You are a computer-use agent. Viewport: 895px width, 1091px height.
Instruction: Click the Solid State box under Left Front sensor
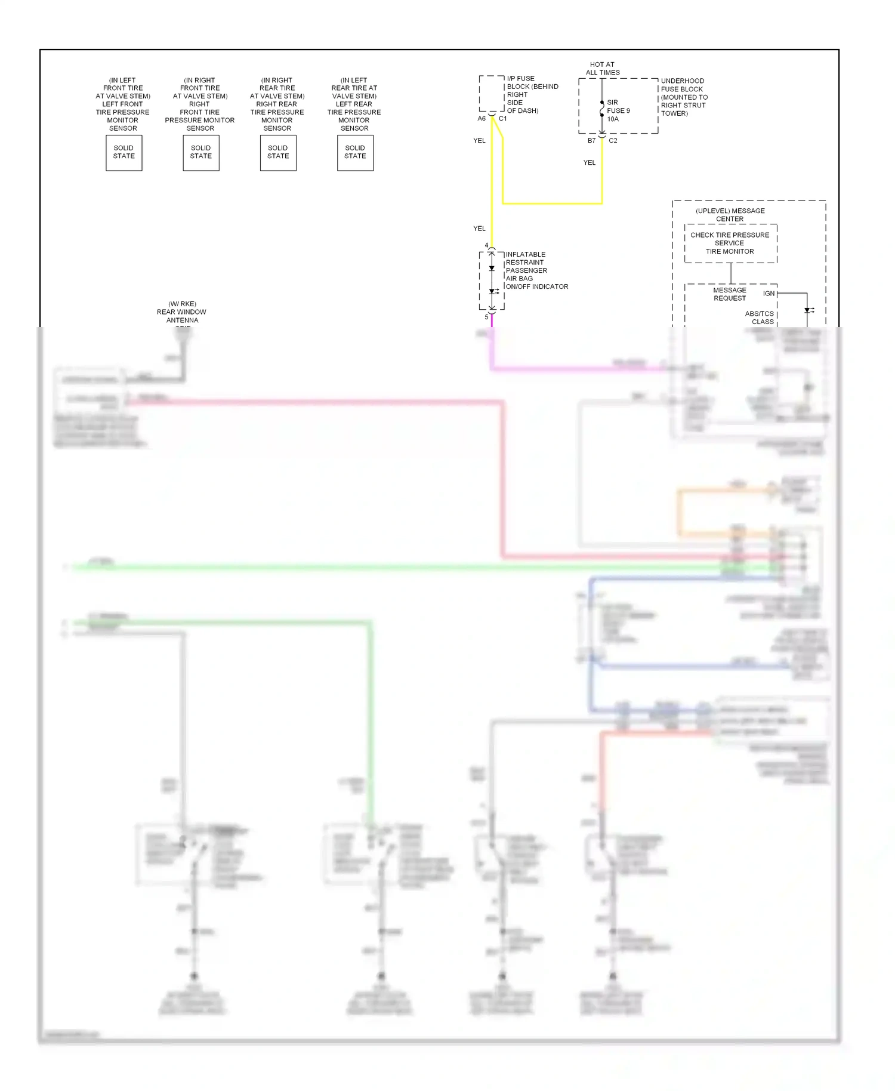click(124, 153)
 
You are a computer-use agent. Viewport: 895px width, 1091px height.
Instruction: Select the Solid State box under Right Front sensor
click(200, 153)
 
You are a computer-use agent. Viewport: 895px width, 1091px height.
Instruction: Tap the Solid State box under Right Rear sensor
click(278, 153)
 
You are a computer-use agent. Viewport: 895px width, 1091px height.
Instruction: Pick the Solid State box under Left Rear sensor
click(355, 153)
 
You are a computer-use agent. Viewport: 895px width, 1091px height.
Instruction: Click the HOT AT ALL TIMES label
click(602, 69)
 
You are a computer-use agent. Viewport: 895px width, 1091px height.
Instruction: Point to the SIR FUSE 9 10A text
click(618, 111)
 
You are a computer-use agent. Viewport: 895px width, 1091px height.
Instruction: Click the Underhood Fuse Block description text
click(684, 97)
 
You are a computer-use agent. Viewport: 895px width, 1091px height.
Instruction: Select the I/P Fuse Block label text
click(532, 95)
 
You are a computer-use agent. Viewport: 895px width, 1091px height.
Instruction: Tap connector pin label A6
click(482, 119)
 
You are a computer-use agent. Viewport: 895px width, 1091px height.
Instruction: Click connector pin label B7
click(591, 141)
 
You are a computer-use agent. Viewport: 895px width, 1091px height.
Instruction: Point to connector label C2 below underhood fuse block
click(613, 141)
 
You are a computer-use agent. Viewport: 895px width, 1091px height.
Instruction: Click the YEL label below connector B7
click(589, 163)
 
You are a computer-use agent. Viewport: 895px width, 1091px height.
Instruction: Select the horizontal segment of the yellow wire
click(552, 204)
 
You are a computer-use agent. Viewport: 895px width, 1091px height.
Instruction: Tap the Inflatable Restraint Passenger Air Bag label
click(536, 271)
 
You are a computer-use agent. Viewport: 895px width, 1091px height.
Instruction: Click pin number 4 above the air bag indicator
click(486, 245)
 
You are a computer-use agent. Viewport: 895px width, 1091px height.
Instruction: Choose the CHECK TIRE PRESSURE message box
click(730, 244)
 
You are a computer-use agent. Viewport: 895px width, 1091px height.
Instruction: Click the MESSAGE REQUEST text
click(729, 294)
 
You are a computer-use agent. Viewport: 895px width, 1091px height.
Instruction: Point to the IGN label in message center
click(769, 294)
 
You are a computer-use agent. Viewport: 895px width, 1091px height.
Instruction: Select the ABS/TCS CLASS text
click(760, 318)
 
